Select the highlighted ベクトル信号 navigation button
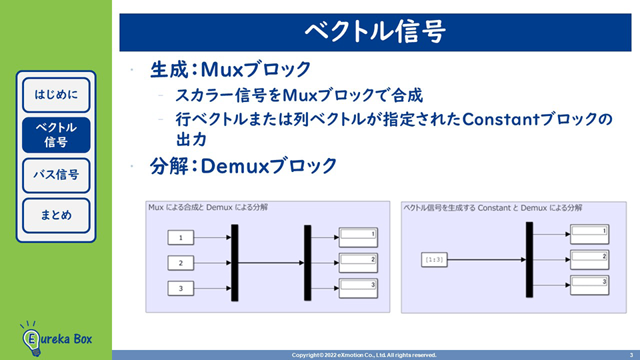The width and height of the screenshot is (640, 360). coord(56,135)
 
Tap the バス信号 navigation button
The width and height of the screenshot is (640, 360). coord(56,175)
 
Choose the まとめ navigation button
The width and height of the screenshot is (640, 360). coord(56,215)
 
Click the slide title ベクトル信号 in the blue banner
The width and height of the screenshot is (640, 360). coord(375,31)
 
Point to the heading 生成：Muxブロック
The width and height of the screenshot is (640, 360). coord(231,69)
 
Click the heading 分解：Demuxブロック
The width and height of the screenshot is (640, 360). coord(243,165)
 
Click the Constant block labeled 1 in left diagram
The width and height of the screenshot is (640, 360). coord(181,237)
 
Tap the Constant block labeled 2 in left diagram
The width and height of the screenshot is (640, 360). coord(181,263)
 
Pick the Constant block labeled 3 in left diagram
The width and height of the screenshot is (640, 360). coord(181,289)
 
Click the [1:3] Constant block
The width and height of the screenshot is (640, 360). coord(433,259)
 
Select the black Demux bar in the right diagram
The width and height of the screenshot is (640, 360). coord(529,259)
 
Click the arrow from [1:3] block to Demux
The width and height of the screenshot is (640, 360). coord(485,259)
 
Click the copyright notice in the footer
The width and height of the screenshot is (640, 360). coord(364,355)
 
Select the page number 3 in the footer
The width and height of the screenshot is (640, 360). coord(631,355)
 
